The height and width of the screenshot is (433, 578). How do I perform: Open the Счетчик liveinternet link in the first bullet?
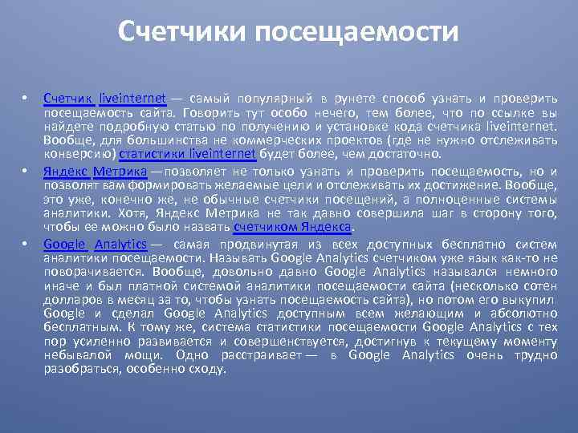point(104,98)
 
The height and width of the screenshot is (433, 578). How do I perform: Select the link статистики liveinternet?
point(187,153)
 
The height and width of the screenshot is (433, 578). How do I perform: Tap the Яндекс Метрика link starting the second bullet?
point(95,171)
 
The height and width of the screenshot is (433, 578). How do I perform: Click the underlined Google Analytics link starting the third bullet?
point(95,245)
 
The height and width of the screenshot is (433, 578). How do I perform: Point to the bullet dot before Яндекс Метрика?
point(25,171)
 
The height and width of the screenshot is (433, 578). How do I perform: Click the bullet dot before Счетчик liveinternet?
point(25,98)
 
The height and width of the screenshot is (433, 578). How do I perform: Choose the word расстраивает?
point(258,355)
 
